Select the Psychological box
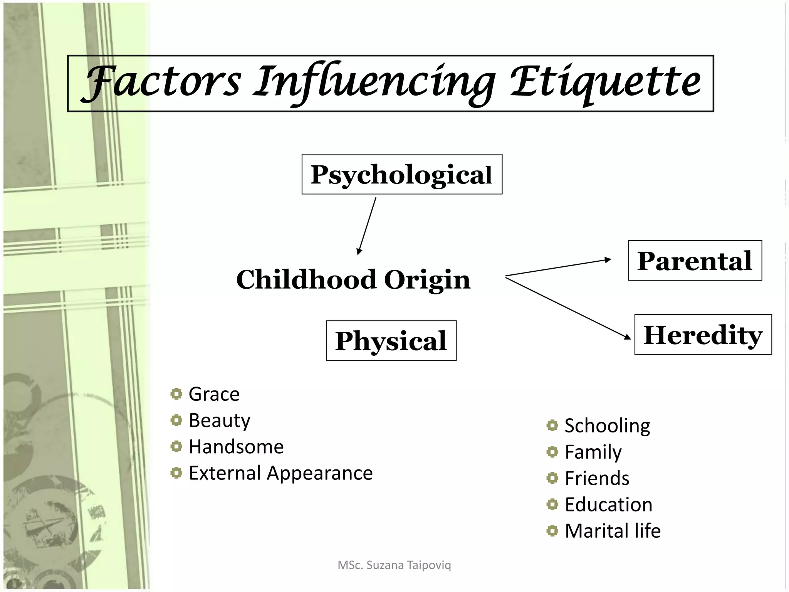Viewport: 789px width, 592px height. coord(402,174)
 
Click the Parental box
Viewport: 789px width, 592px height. coord(695,261)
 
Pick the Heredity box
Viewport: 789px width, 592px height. coord(703,335)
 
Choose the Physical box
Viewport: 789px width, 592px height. coord(391,341)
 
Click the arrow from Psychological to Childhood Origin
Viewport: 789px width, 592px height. coord(367,226)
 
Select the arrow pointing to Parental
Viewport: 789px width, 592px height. coord(559,268)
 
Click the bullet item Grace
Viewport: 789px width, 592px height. coord(214,394)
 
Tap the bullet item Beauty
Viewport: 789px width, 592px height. coord(219,420)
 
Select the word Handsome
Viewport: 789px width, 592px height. coord(236,447)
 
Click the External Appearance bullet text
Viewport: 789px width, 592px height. coord(280,473)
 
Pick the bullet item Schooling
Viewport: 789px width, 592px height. coord(607,425)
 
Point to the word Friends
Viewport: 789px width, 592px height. coord(597,478)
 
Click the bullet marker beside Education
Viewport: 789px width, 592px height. coord(552,504)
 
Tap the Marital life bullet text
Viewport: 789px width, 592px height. coord(613,531)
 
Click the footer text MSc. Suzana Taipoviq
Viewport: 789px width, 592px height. coord(394,565)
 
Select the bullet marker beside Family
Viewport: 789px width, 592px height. coord(552,452)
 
